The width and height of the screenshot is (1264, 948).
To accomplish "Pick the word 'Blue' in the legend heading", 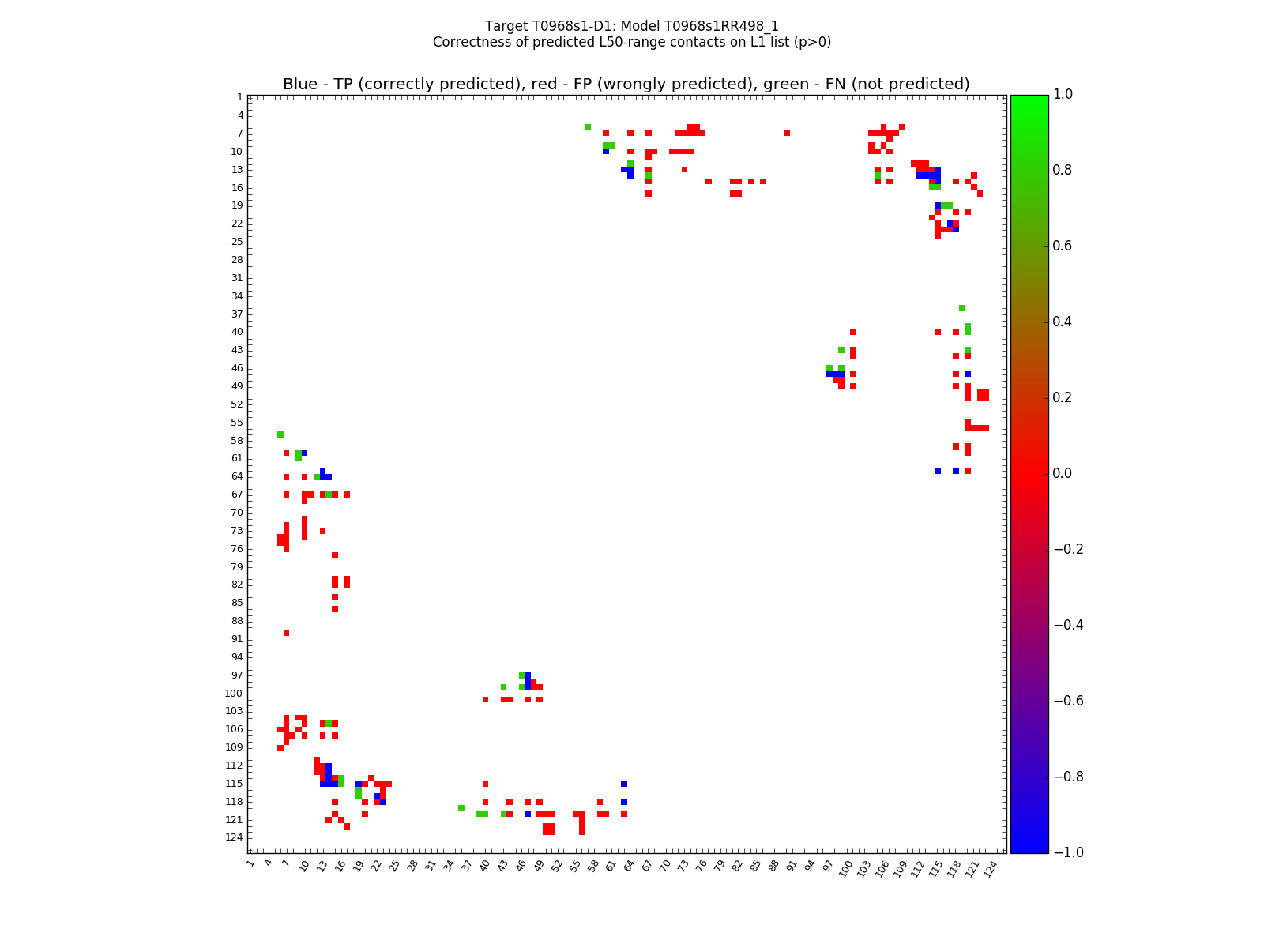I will [300, 85].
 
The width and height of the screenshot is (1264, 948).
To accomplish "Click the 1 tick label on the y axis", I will [239, 97].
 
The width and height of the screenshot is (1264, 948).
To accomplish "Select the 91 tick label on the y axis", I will [236, 639].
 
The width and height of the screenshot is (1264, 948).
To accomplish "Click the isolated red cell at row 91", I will [286, 633].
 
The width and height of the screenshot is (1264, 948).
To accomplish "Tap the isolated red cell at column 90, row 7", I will [787, 133].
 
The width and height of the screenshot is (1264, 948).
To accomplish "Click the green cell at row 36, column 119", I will [961, 308].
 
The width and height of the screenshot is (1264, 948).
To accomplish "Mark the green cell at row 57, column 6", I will [280, 434].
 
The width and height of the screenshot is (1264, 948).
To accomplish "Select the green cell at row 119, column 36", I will [461, 808].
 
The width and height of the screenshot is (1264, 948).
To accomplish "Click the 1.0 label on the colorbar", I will [1063, 94].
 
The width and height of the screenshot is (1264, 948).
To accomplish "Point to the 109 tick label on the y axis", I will [234, 747].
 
